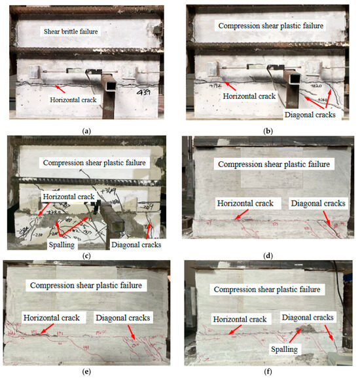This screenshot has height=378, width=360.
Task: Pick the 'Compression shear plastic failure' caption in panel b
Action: pos(272,26)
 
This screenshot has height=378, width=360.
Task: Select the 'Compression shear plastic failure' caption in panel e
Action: pos(87,285)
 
